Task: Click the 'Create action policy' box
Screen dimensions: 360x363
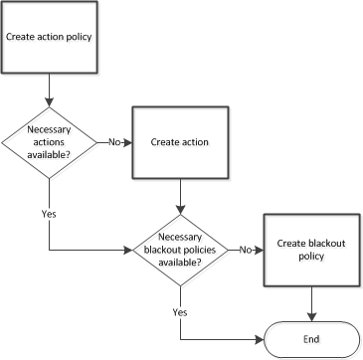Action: point(50,37)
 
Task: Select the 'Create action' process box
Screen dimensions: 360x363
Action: point(179,142)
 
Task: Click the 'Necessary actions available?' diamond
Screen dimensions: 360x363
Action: point(49,142)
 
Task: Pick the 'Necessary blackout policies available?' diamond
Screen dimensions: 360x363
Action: point(180,249)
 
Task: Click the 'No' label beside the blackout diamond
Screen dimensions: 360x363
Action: point(245,249)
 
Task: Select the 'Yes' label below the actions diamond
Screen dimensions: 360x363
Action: point(49,213)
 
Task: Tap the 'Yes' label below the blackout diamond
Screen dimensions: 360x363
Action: point(180,312)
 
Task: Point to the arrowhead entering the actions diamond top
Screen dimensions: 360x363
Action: point(49,102)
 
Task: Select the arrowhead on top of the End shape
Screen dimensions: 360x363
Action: point(313,317)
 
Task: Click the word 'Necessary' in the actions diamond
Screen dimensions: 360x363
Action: point(49,129)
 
